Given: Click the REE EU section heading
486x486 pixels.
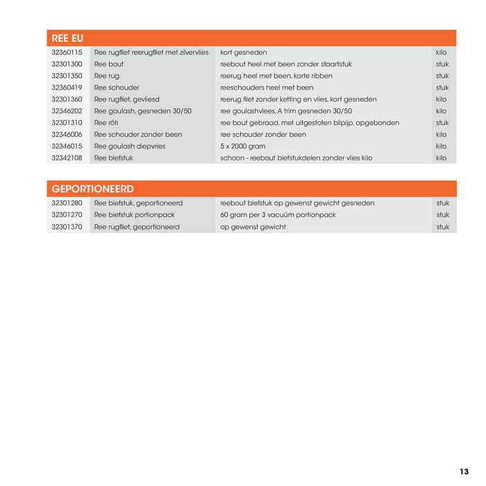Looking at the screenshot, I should pyautogui.click(x=67, y=38).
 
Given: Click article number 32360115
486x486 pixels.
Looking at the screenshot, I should pyautogui.click(x=67, y=53).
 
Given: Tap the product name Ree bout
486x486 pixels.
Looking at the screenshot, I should pyautogui.click(x=109, y=65).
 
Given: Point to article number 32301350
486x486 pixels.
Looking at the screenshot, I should pyautogui.click(x=67, y=76).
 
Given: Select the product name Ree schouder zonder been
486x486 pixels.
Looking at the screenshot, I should pyautogui.click(x=138, y=135).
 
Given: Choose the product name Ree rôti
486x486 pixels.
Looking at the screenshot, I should pyautogui.click(x=106, y=123).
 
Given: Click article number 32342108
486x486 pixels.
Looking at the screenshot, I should pyautogui.click(x=67, y=158).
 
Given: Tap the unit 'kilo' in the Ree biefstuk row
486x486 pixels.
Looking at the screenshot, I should pyautogui.click(x=442, y=158).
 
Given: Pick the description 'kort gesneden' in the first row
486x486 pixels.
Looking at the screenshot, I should pyautogui.click(x=244, y=53).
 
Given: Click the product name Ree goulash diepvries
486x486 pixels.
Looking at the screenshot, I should pyautogui.click(x=130, y=146).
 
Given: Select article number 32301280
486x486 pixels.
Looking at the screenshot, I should pyautogui.click(x=67, y=203).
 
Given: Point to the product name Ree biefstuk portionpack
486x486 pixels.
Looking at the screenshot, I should pyautogui.click(x=135, y=215).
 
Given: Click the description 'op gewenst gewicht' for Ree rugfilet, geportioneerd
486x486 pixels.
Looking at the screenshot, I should pyautogui.click(x=253, y=227).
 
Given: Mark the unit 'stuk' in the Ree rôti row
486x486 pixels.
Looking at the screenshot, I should pyautogui.click(x=442, y=123).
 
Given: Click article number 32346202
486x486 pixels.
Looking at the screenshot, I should pyautogui.click(x=67, y=111).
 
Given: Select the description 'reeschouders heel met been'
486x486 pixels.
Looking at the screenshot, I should pyautogui.click(x=267, y=88).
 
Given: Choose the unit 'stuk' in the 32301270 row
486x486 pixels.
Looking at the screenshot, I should pyautogui.click(x=443, y=215).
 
